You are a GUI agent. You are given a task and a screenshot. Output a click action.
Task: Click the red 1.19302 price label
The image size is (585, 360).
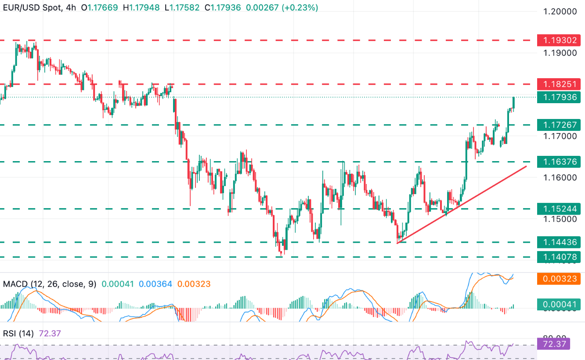point(560,41)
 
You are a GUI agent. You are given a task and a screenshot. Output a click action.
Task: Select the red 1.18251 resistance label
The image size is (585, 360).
point(560,84)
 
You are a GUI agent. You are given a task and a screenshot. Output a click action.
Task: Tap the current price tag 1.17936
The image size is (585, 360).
point(560,97)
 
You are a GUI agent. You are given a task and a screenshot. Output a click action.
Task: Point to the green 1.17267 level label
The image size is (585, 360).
point(560,125)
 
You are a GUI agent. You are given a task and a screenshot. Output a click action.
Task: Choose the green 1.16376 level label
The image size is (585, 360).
point(560,162)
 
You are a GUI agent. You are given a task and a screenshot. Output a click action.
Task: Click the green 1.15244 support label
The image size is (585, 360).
point(560,209)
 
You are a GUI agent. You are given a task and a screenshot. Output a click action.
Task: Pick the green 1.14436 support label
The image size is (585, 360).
point(560,242)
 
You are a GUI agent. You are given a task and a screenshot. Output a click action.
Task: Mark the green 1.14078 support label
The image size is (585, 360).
point(560,257)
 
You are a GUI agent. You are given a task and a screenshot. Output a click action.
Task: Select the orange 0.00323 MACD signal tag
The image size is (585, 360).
point(560,278)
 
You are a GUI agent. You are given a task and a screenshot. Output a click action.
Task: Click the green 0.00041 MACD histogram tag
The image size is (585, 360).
point(560,303)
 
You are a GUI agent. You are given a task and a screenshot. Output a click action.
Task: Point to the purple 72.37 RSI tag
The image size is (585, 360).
point(553,344)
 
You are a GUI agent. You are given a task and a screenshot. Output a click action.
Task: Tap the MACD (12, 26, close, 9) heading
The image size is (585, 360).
point(49,284)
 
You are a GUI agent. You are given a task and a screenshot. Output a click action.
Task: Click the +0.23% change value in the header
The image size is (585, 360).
point(301,7)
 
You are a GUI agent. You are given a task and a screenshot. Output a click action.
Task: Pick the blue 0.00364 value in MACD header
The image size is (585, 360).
point(155,284)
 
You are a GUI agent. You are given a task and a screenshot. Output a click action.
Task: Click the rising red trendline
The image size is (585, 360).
point(461,205)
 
